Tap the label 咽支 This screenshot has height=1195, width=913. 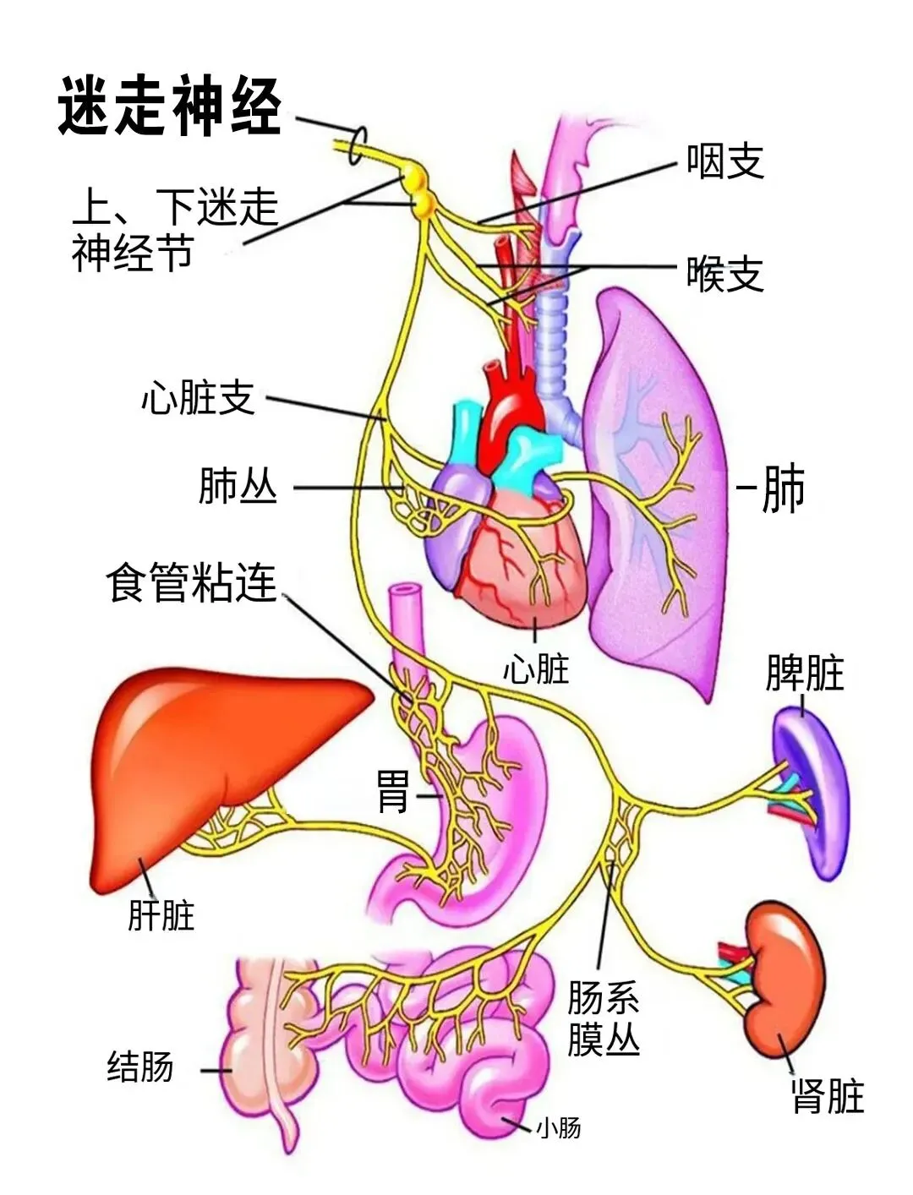pos(725,161)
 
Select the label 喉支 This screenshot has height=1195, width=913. pos(725,273)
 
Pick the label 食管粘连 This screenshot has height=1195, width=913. pos(192,583)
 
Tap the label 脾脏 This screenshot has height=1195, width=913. pos(805,674)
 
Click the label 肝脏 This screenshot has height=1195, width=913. pos(161,915)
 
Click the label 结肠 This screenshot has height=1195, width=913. pos(140,1067)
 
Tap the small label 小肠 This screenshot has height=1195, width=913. pos(558,1127)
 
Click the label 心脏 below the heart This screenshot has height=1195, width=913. pos(536,670)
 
